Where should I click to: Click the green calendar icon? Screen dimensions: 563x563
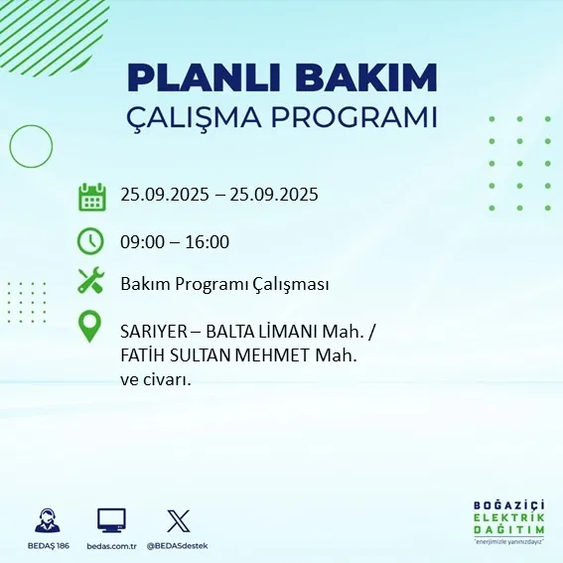click(x=91, y=196)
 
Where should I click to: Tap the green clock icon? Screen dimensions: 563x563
click(x=91, y=241)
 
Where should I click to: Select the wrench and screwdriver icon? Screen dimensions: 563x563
click(x=91, y=283)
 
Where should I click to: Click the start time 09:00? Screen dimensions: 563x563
click(x=143, y=241)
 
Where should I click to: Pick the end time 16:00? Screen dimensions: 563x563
click(x=208, y=241)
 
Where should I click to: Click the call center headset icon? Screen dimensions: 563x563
click(x=46, y=520)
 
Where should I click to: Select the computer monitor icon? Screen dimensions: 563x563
click(x=111, y=519)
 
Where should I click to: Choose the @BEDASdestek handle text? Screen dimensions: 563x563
click(x=178, y=546)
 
